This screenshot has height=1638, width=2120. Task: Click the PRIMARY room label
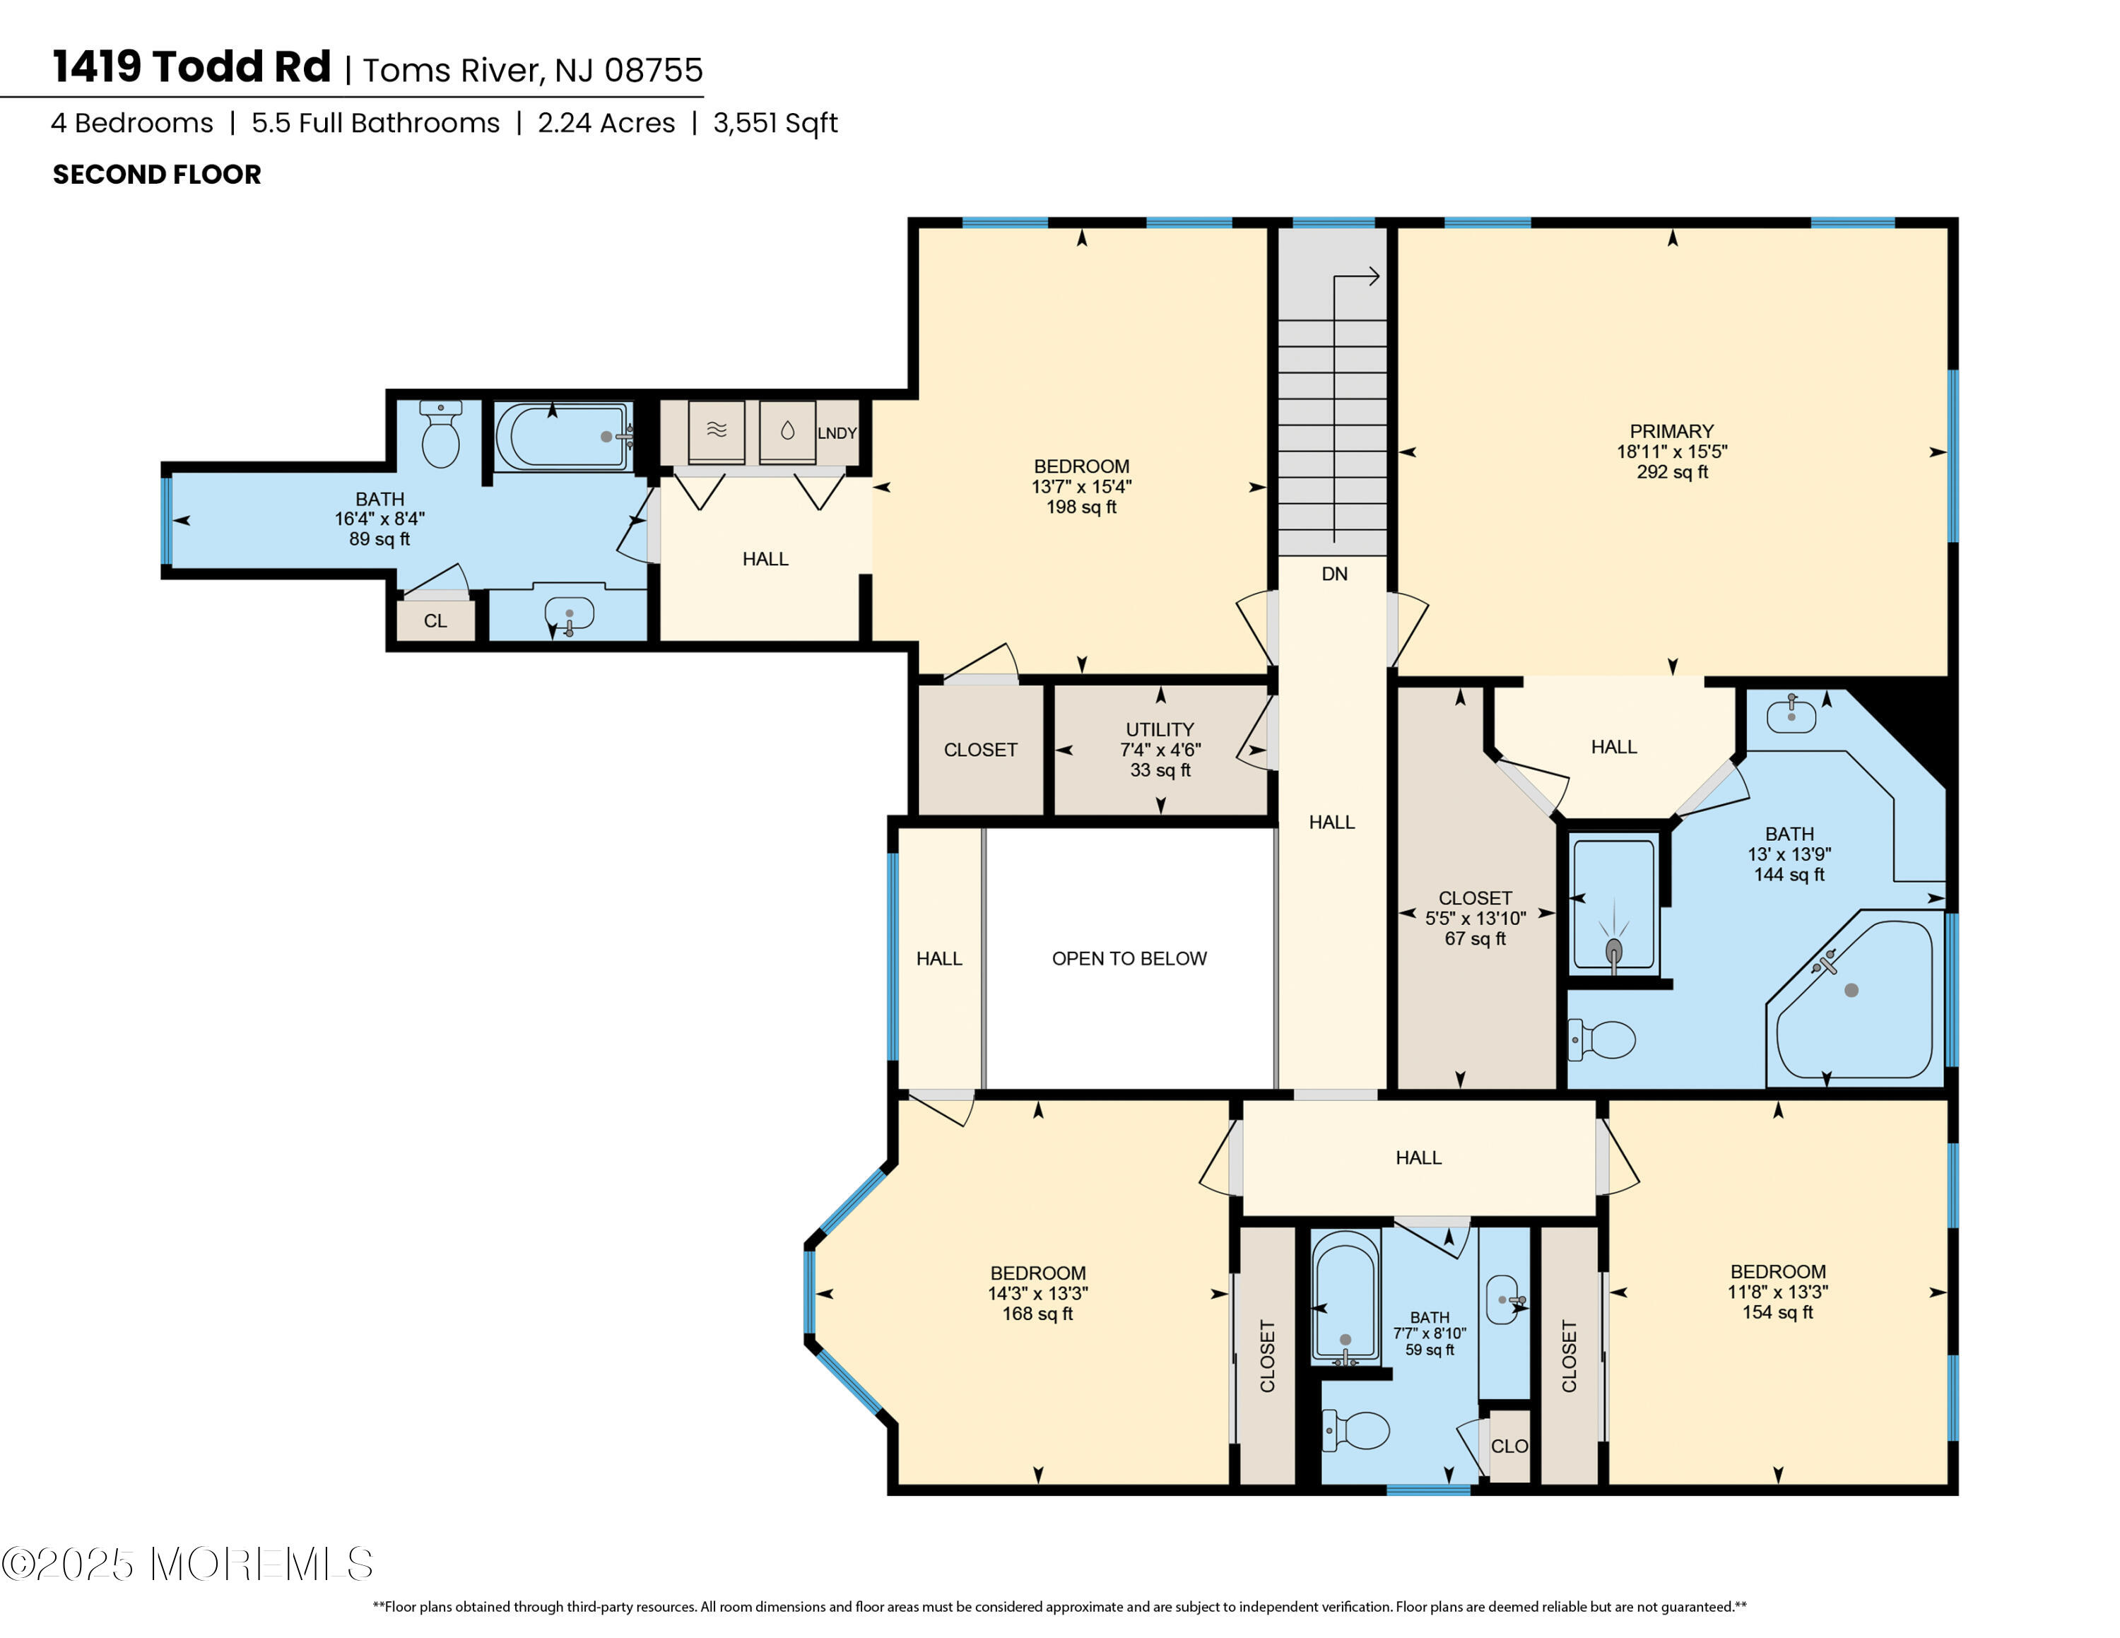(x=1671, y=431)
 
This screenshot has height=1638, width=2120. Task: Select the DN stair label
(x=1335, y=574)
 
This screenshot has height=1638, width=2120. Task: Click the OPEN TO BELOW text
(x=1129, y=959)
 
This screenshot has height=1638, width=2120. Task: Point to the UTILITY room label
(x=1160, y=729)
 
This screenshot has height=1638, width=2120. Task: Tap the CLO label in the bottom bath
(x=1509, y=1446)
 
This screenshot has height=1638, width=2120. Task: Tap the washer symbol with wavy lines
(x=717, y=431)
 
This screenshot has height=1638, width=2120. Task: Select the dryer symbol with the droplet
(x=787, y=431)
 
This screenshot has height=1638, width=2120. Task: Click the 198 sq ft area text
(x=1081, y=507)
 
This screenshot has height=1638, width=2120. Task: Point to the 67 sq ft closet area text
(x=1476, y=938)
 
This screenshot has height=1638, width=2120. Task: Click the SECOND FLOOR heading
(x=158, y=175)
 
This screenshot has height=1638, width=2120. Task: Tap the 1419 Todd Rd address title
(x=192, y=67)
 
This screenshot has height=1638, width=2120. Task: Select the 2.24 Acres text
(x=607, y=123)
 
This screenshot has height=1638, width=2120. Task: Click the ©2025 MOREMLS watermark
(x=187, y=1563)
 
